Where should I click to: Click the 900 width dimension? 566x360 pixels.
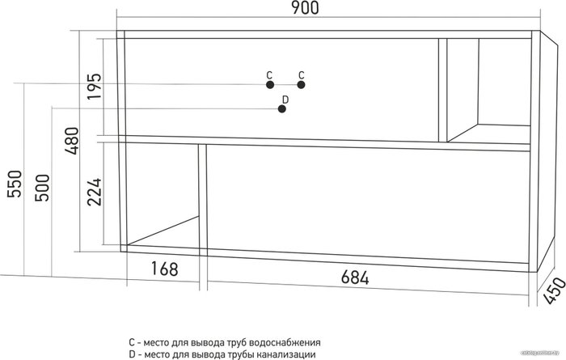pos(306,8)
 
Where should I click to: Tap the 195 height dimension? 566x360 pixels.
pos(95,87)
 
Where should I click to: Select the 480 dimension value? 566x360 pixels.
pos(71,141)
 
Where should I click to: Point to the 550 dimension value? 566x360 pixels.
pos(15,184)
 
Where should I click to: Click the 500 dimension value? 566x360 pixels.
pos(42,188)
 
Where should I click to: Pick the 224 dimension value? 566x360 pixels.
pos(95,192)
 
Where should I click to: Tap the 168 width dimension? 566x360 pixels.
pos(165,269)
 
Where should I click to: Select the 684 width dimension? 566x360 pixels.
pos(355,277)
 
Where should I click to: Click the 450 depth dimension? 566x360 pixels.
pos(554,290)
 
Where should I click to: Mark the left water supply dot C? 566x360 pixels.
pos(270,85)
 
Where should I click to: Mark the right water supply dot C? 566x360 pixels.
pos(301,85)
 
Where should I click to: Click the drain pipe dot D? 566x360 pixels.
pos(282,108)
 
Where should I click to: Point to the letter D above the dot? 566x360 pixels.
pos(285,100)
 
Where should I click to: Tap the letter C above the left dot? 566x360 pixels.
pos(269,75)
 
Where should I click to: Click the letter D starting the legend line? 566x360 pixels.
pos(132,354)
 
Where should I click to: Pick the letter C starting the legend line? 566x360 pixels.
pos(132,342)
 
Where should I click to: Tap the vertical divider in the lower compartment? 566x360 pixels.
pos(203,198)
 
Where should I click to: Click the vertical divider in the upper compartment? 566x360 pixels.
pos(443,90)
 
